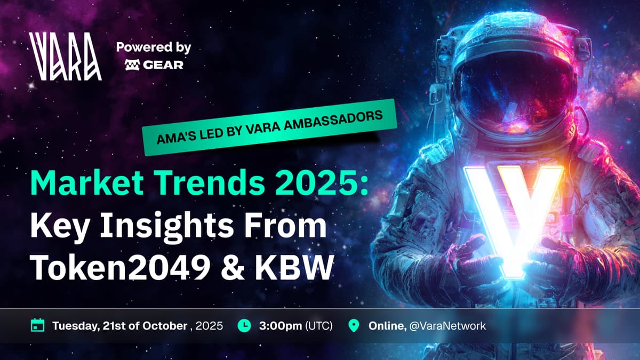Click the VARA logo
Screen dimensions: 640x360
click(65, 57)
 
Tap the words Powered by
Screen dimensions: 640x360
click(154, 47)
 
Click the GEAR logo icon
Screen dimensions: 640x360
click(132, 65)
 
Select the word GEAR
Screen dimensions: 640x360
click(163, 65)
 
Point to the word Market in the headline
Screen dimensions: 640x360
click(87, 182)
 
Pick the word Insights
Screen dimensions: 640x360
click(166, 226)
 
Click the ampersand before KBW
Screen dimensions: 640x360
click(233, 267)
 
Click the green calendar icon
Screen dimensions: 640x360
click(37, 325)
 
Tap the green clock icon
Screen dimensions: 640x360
click(244, 325)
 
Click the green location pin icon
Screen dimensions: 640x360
click(354, 326)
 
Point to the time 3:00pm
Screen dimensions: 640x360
click(281, 326)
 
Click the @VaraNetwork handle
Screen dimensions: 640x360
click(447, 326)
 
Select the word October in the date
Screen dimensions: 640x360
click(165, 326)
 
